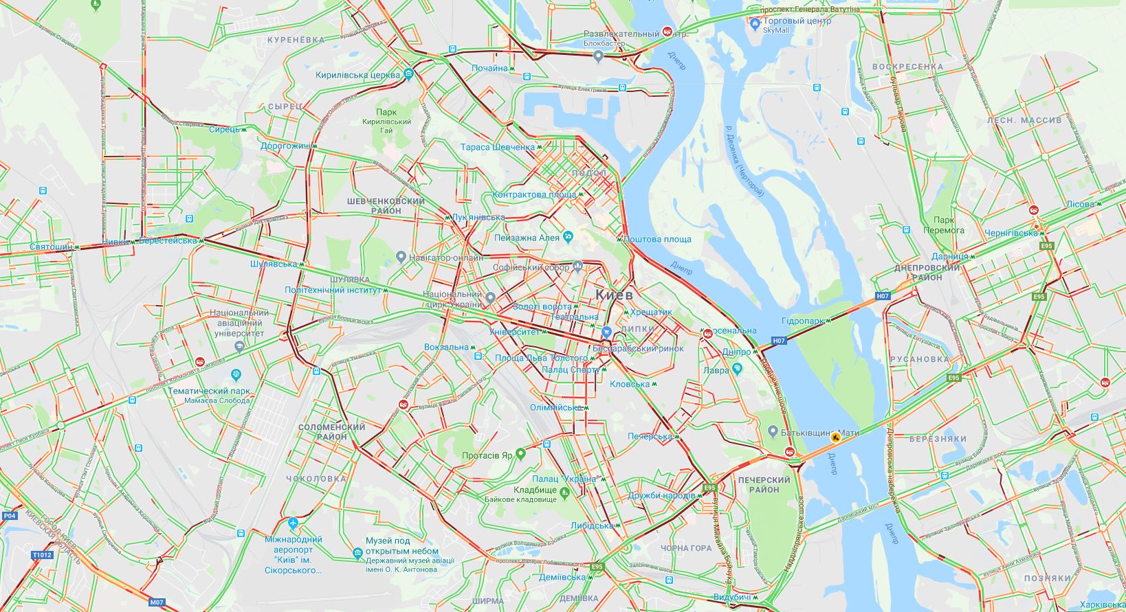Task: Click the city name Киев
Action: pyautogui.click(x=614, y=294)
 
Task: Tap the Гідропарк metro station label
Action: pyautogui.click(x=803, y=321)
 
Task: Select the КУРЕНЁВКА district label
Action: pyautogui.click(x=296, y=40)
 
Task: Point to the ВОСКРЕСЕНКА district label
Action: pyautogui.click(x=907, y=67)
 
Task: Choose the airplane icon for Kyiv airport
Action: pyautogui.click(x=294, y=524)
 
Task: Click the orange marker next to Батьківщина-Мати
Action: pyautogui.click(x=835, y=435)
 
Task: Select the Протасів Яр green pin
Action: pyautogui.click(x=520, y=454)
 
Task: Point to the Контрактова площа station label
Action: pyautogui.click(x=534, y=194)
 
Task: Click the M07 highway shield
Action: pyautogui.click(x=157, y=602)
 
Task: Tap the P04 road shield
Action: pyautogui.click(x=8, y=515)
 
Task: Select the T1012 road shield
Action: pyautogui.click(x=41, y=554)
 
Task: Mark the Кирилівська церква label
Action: pyautogui.click(x=357, y=75)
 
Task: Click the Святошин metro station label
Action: pyautogui.click(x=51, y=247)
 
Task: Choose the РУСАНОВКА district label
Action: pyautogui.click(x=919, y=359)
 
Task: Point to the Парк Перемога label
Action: pyautogui.click(x=943, y=225)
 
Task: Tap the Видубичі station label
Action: pyautogui.click(x=731, y=597)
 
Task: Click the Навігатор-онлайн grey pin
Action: pyautogui.click(x=401, y=258)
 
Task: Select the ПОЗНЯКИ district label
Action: pyautogui.click(x=1047, y=578)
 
